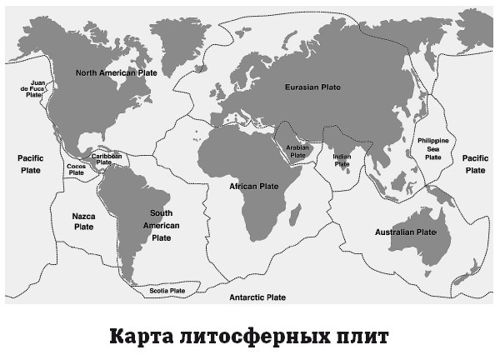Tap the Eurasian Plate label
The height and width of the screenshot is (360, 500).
(x=312, y=87)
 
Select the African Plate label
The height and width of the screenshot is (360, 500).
(x=253, y=186)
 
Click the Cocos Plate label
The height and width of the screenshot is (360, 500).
(x=76, y=169)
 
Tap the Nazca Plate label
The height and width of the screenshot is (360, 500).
(x=83, y=221)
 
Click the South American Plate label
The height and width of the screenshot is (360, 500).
(x=161, y=225)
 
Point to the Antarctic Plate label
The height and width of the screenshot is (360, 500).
(x=257, y=297)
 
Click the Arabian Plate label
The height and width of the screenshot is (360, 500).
(x=297, y=151)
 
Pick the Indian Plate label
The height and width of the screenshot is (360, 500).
(x=342, y=160)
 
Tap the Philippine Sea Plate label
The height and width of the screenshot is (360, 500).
(x=432, y=148)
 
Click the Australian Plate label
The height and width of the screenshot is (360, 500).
(x=405, y=232)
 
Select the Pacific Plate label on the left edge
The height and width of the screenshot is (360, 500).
(x=30, y=162)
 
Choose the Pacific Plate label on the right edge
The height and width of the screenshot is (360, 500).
(x=475, y=163)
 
